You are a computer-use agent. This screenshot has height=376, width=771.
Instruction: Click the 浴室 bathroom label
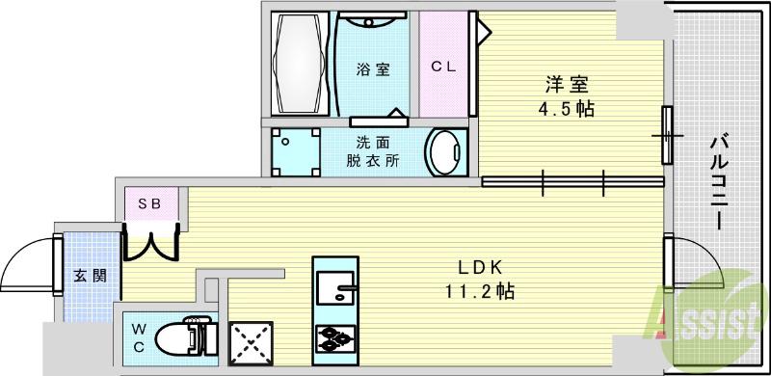coord(373,68)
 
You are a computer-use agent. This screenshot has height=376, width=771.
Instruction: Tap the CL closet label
coord(442,67)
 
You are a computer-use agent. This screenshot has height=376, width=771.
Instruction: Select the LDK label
coord(479,268)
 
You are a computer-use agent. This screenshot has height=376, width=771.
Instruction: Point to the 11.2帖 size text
coord(479,292)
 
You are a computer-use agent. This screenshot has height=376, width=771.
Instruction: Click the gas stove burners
coord(335,337)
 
